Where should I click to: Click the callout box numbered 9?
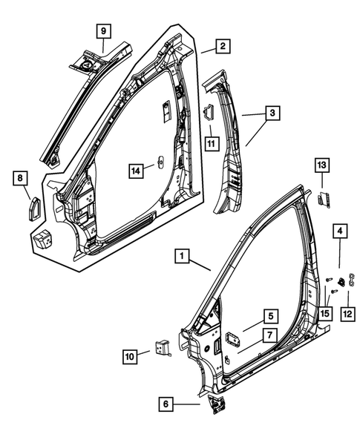coord(103,31)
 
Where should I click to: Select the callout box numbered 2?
coord(221,47)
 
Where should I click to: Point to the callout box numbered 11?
coord(212,142)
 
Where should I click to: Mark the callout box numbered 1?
coord(180,257)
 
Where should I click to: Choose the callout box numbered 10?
coord(131,357)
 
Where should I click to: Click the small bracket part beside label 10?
coord(163,348)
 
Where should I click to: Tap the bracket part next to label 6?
coord(217,404)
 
